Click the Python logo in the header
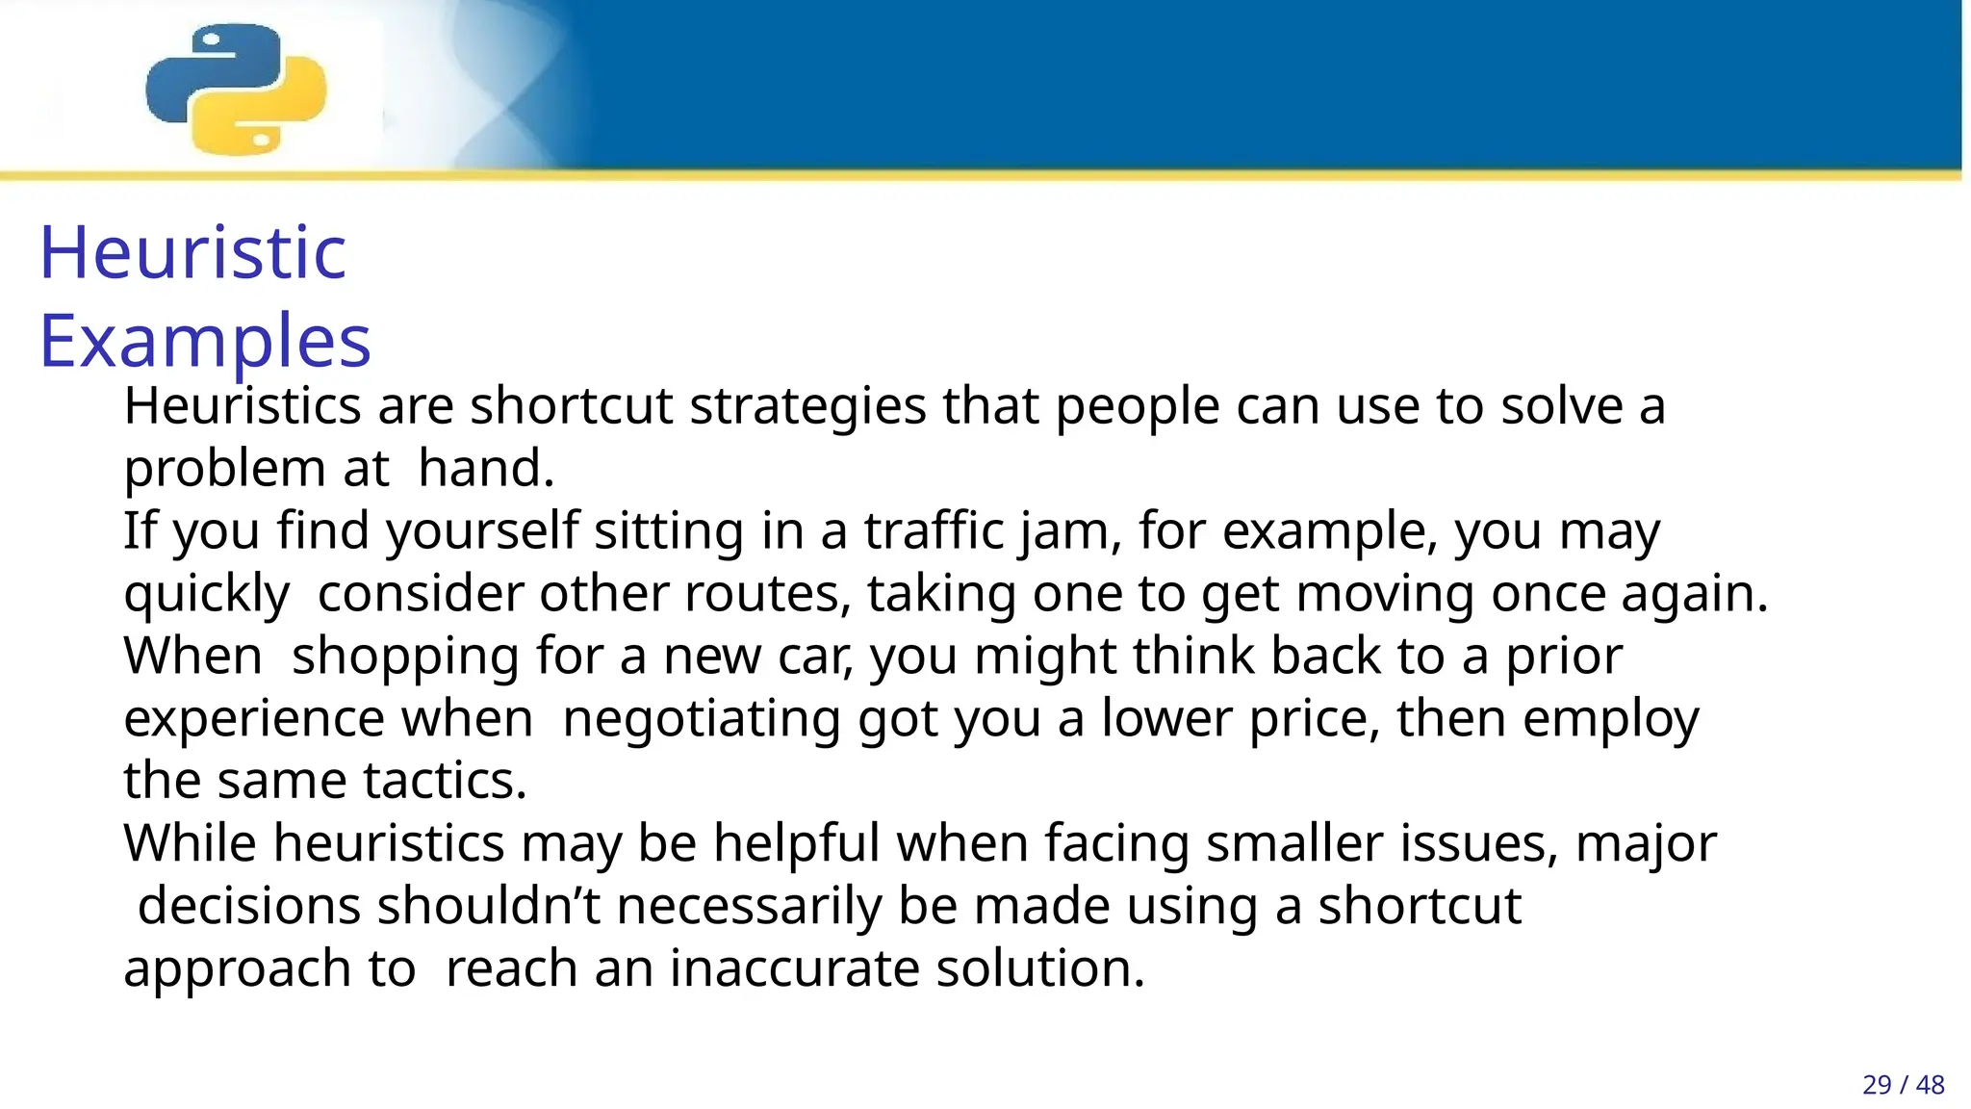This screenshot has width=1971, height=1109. [236, 89]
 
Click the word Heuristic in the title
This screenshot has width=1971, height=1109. [192, 252]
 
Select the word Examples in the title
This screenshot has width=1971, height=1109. [205, 341]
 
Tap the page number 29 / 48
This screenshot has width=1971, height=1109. [1903, 1085]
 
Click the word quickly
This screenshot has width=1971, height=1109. [206, 594]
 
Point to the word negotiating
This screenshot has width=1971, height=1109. [702, 719]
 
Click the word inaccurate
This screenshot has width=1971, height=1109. [795, 968]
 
